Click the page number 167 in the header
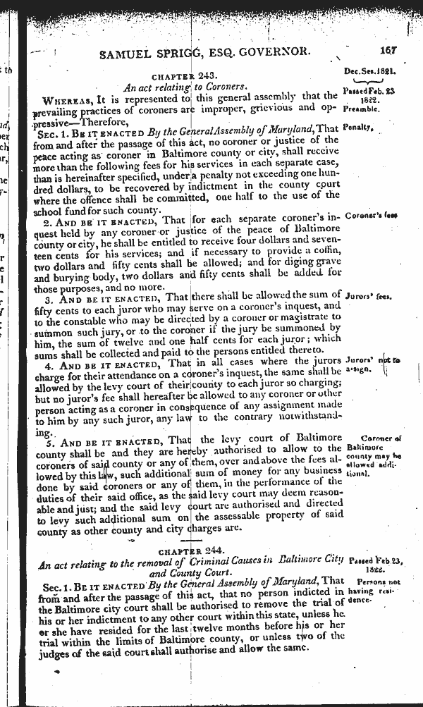coord(387,50)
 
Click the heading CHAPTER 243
coord(188,75)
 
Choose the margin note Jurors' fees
coord(369,297)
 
